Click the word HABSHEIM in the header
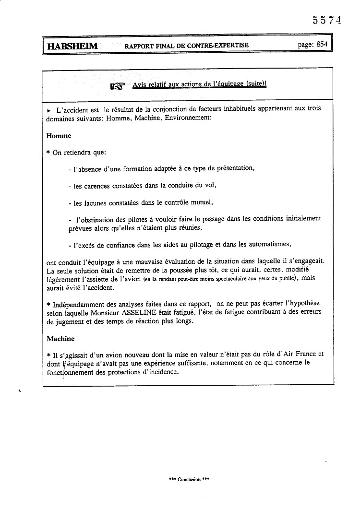72,46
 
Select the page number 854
322,44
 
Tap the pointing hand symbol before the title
117,86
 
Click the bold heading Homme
59,136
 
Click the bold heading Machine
60,338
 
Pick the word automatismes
268,244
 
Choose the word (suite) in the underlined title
255,84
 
